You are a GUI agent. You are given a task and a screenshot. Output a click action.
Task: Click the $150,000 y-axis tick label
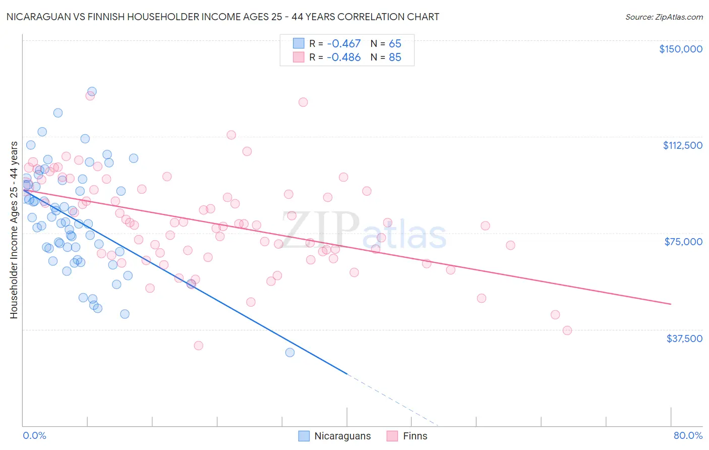click(x=680, y=49)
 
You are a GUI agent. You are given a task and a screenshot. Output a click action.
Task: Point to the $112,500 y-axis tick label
click(x=682, y=145)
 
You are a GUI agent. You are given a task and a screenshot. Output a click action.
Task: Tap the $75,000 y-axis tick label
click(x=683, y=242)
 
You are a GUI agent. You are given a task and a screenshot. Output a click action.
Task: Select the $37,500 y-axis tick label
click(x=684, y=339)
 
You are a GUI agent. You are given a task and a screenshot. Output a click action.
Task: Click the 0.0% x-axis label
click(x=34, y=435)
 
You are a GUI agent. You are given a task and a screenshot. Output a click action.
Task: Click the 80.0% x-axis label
click(x=688, y=435)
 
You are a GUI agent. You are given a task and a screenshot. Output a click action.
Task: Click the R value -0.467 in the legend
click(x=344, y=44)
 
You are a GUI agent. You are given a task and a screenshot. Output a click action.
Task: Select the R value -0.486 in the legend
click(x=344, y=58)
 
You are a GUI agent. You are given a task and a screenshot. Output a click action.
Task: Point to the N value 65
click(x=395, y=44)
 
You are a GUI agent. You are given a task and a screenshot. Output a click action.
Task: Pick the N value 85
click(x=395, y=58)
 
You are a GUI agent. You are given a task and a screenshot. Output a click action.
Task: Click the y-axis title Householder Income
click(x=14, y=230)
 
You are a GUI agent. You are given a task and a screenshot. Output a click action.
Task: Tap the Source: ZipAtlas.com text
click(x=664, y=17)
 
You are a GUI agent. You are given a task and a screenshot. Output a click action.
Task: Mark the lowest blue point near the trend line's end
click(x=290, y=353)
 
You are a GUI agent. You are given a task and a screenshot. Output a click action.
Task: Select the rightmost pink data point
click(x=567, y=330)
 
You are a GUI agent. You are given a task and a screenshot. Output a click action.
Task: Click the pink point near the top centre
click(x=303, y=102)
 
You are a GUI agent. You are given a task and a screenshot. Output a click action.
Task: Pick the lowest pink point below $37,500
click(x=199, y=346)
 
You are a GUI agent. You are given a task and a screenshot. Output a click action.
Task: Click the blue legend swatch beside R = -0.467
click(x=299, y=44)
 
